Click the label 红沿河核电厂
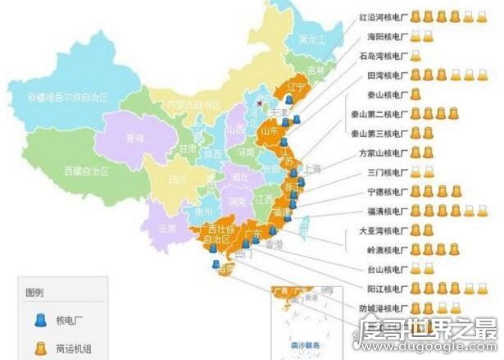click(x=382, y=16)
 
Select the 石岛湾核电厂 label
click(x=382, y=55)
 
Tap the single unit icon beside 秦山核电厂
click(x=415, y=93)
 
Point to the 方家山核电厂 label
click(x=382, y=153)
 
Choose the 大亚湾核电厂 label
click(x=382, y=231)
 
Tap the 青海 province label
click(x=134, y=139)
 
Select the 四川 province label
click(x=178, y=178)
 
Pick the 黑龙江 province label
click(x=311, y=39)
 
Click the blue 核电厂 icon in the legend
click(x=39, y=321)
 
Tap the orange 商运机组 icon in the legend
click(x=39, y=348)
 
